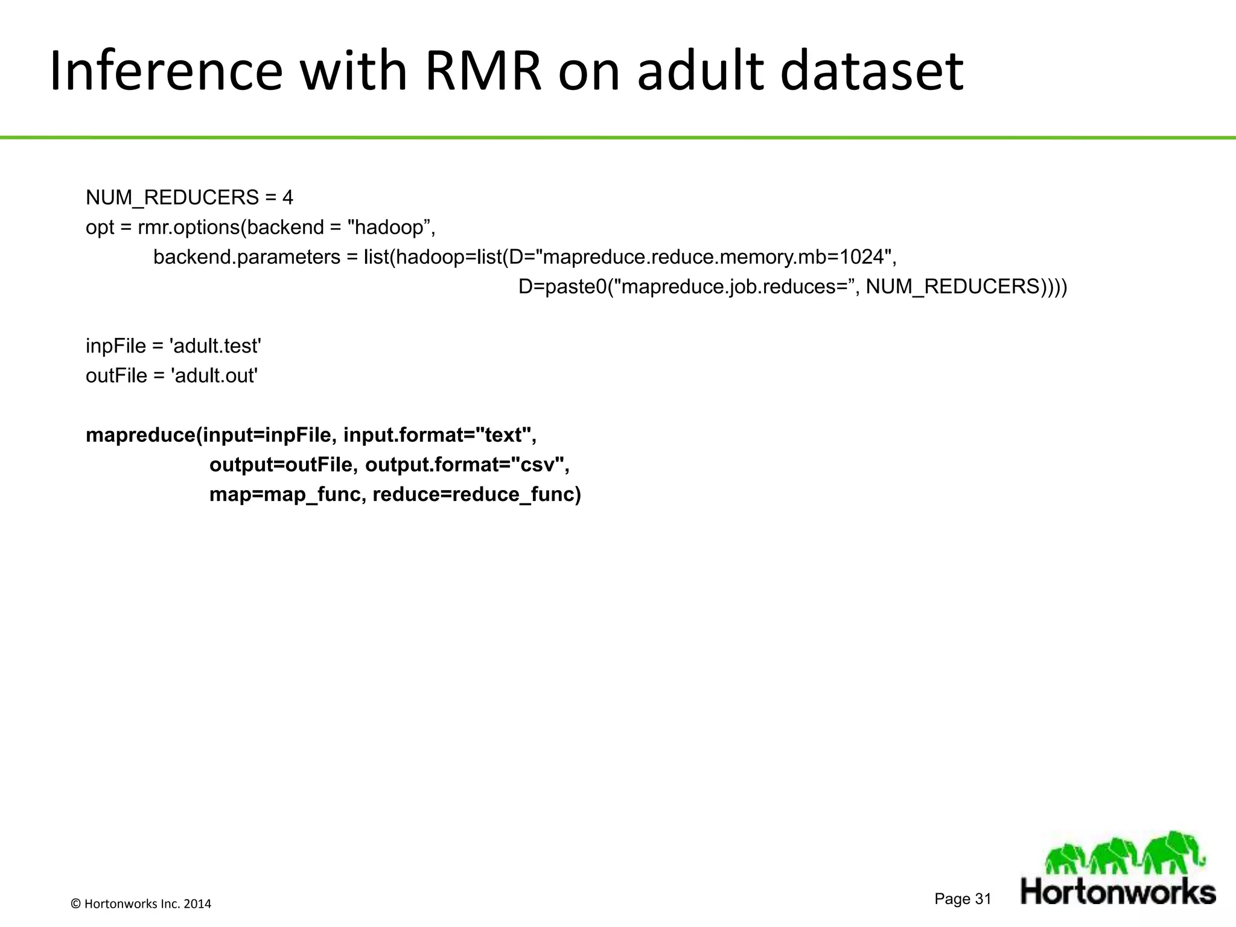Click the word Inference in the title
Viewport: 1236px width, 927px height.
click(166, 71)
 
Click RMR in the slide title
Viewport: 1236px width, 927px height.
click(483, 71)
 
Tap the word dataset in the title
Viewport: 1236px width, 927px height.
click(871, 71)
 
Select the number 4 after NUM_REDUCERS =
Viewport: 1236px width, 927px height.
click(287, 197)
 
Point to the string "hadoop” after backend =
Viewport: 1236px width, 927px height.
click(391, 228)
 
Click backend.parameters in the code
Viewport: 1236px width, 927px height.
click(247, 257)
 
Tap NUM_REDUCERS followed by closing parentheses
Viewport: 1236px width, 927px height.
click(966, 287)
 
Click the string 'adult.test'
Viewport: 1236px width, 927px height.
click(215, 346)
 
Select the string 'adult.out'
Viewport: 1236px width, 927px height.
click(214, 375)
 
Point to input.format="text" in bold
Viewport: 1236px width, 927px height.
click(439, 435)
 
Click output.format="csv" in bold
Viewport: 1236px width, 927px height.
click(467, 465)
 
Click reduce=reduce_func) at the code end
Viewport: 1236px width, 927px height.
click(477, 494)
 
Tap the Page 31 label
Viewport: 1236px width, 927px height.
click(963, 899)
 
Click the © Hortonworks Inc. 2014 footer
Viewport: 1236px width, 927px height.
click(141, 903)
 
